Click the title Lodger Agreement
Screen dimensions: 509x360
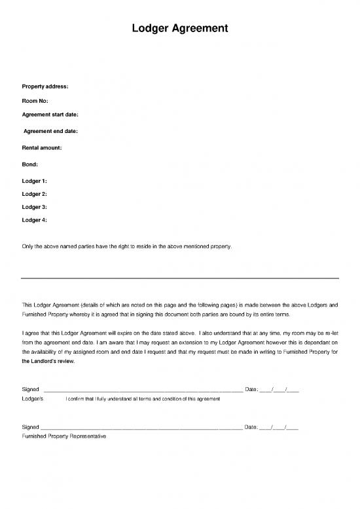coord(180,28)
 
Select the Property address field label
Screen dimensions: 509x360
coord(45,86)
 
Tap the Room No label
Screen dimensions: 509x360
coord(35,101)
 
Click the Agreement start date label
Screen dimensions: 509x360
coord(50,115)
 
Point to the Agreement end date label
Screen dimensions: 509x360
coord(50,132)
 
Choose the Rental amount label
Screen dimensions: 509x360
coord(42,148)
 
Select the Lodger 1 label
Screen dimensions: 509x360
coord(35,179)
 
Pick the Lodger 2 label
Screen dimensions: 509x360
coord(35,194)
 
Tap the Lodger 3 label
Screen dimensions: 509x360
coord(35,207)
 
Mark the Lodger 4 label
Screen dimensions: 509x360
coord(35,220)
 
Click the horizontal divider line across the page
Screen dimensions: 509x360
coord(180,278)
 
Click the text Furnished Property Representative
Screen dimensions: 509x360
coord(63,436)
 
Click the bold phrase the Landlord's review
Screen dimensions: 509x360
coord(49,361)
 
